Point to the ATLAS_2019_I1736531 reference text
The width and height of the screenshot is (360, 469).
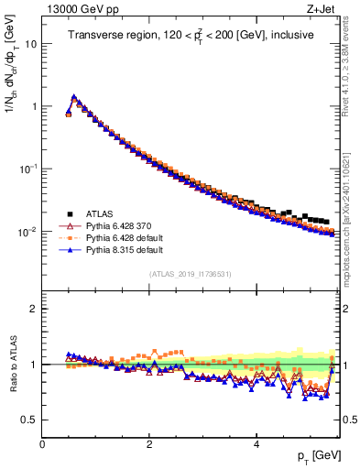click(x=190, y=274)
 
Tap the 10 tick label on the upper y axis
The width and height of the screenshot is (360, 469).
click(x=30, y=43)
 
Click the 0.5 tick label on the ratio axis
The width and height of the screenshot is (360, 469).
click(x=28, y=420)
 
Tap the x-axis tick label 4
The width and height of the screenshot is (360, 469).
click(x=256, y=442)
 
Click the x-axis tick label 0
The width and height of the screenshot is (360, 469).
click(x=42, y=442)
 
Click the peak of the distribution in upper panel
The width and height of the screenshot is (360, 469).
click(x=73, y=96)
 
